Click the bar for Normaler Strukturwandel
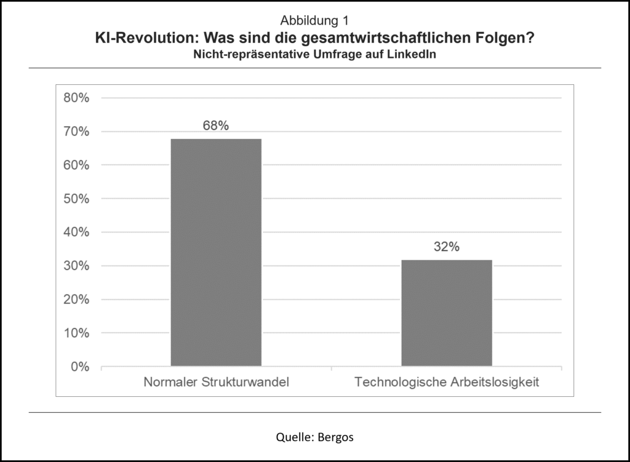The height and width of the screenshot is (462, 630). [x=215, y=252]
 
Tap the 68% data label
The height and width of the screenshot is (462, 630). [x=215, y=125]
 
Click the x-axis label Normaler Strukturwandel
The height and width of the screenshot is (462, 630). [x=216, y=382]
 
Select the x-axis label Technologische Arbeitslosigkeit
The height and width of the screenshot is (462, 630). [x=447, y=382]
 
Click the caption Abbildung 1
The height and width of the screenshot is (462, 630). [x=314, y=23]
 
